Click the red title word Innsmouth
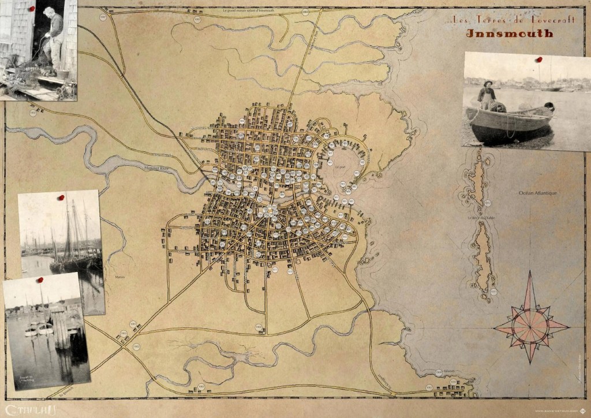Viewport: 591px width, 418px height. (510, 33)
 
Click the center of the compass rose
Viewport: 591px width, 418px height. (530, 326)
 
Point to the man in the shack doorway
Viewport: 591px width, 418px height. (54, 38)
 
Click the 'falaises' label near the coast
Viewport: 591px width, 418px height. (450, 372)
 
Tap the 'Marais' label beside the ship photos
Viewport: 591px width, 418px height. (119, 277)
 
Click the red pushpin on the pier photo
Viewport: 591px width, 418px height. (40, 280)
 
